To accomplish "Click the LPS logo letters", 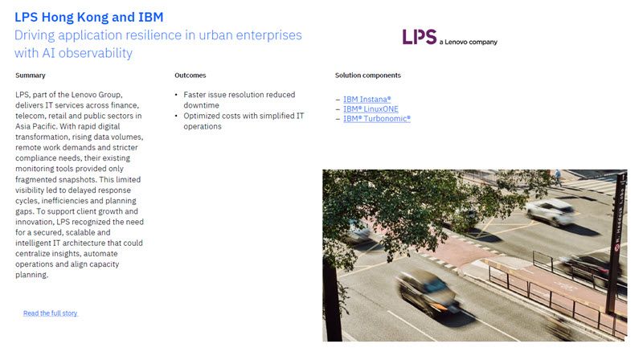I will click(x=420, y=37).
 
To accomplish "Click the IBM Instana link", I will click(x=367, y=99).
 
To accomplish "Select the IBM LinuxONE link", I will click(x=371, y=108).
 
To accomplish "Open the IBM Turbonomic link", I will click(x=376, y=118).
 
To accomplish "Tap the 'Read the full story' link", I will click(x=50, y=313).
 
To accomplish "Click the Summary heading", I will click(x=31, y=76).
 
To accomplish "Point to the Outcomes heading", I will click(x=190, y=76).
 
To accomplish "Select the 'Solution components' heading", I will click(x=367, y=76).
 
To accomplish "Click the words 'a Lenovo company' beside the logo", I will click(x=469, y=42).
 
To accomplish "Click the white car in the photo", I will click(x=550, y=212).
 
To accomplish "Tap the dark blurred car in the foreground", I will click(x=428, y=290).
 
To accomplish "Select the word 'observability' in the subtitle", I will click(x=95, y=53).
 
